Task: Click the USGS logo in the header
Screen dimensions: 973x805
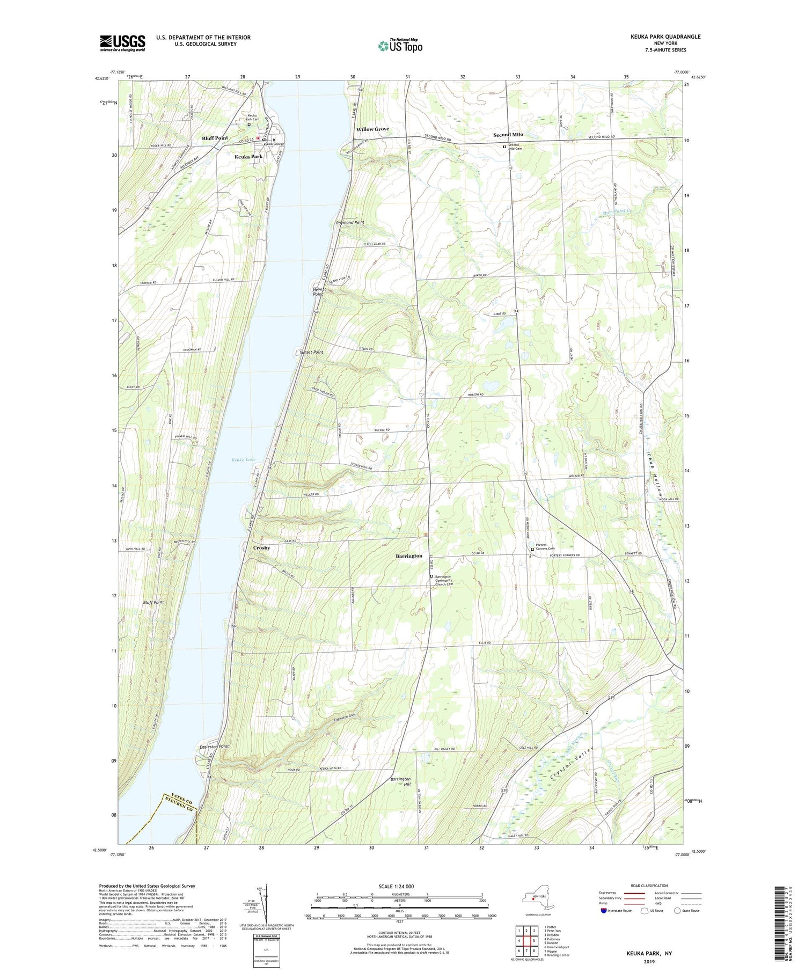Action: (122, 43)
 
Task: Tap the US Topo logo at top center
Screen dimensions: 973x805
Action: (400, 46)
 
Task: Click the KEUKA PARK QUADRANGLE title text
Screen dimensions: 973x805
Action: (665, 36)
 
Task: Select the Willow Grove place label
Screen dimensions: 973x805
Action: (372, 129)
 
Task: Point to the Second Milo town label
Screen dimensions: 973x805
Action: (508, 135)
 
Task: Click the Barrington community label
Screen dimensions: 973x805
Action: (409, 556)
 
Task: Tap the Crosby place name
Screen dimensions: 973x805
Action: (261, 548)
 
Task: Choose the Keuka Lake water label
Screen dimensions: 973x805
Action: (244, 459)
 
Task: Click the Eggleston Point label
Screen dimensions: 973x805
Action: (214, 747)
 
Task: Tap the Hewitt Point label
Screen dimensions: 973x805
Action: (319, 291)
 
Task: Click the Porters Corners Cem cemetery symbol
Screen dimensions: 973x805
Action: (532, 549)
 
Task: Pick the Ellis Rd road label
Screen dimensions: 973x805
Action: (485, 643)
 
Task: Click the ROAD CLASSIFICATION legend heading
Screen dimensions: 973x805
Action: (649, 886)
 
